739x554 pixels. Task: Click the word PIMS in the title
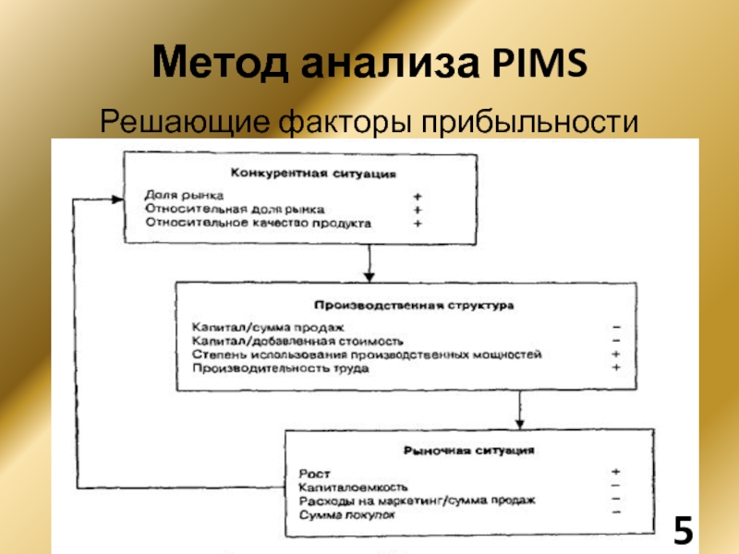539,62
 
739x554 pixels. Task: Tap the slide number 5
683,530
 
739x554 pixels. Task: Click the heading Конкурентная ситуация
313,174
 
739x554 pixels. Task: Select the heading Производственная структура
414,306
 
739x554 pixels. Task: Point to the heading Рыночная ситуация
469,451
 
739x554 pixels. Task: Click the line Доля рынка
184,195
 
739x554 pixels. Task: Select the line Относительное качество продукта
259,223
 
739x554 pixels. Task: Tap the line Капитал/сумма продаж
268,327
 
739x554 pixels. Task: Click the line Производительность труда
281,367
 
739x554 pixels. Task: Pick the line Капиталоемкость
353,488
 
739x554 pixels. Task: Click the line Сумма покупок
347,515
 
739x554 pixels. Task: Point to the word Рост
314,474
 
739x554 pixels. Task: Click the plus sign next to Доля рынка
418,197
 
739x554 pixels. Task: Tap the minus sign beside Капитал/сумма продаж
616,327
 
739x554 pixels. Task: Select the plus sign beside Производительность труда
616,367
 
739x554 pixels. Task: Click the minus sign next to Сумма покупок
616,512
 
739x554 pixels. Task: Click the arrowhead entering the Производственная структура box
369,277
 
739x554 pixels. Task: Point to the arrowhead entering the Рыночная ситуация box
519,424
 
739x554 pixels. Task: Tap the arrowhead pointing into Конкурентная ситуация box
118,199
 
